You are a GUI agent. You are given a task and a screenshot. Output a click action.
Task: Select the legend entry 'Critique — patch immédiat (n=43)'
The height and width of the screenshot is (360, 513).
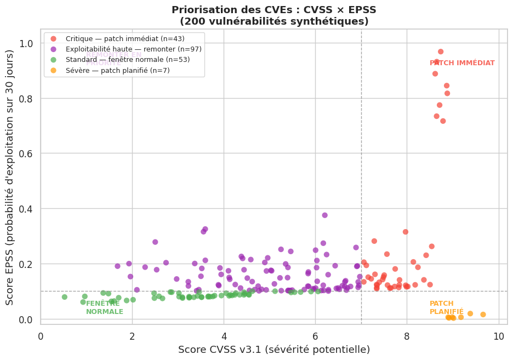click(124, 39)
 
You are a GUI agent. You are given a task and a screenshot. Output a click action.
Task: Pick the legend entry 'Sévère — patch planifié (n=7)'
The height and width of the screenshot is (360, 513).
click(117, 70)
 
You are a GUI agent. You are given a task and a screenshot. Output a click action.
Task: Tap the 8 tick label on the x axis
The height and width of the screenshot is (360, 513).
click(407, 335)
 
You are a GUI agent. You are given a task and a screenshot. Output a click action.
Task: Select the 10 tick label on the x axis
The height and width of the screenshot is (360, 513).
click(498, 335)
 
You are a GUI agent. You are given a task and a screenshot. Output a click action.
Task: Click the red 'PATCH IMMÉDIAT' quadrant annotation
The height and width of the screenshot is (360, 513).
click(462, 63)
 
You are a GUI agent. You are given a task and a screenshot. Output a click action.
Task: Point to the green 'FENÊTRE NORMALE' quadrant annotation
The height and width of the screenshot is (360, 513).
click(104, 307)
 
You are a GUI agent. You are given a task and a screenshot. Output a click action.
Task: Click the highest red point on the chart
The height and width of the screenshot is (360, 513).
click(441, 52)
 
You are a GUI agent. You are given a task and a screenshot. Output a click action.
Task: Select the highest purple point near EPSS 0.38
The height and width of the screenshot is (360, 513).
click(324, 215)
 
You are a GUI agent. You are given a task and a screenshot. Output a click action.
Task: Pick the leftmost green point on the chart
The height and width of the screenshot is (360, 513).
click(65, 297)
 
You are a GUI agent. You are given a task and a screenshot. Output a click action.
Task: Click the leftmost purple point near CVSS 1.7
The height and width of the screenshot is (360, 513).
click(117, 266)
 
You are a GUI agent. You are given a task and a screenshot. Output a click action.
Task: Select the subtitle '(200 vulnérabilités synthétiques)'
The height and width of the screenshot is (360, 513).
click(274, 21)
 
